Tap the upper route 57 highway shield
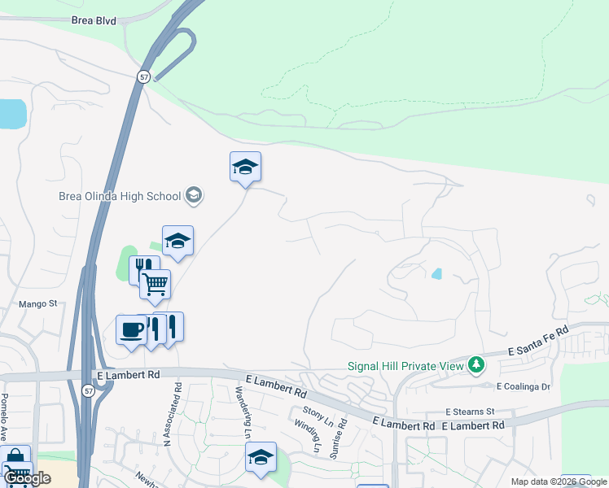pyautogui.click(x=143, y=76)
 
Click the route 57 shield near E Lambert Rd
pyautogui.click(x=88, y=391)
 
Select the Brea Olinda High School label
pyautogui.click(x=120, y=196)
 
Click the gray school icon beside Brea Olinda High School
pyautogui.click(x=194, y=195)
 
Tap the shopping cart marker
pyautogui.click(x=155, y=285)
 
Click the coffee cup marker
pyautogui.click(x=131, y=330)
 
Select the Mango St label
pyautogui.click(x=38, y=304)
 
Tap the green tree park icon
pyautogui.click(x=476, y=365)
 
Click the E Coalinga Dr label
pyautogui.click(x=524, y=387)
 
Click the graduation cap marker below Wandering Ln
pyautogui.click(x=261, y=458)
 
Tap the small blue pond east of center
pyautogui.click(x=437, y=274)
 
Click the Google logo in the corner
pyautogui.click(x=27, y=479)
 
